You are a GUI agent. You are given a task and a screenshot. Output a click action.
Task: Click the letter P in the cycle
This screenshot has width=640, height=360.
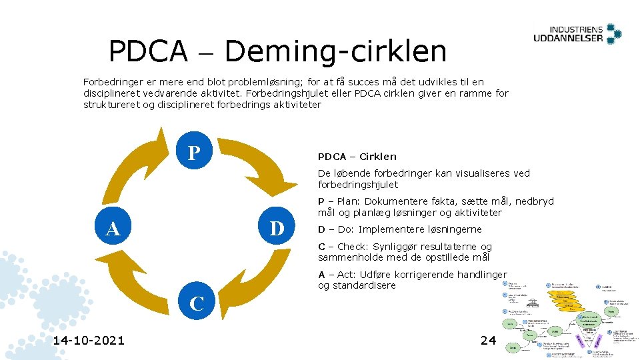tap(194, 153)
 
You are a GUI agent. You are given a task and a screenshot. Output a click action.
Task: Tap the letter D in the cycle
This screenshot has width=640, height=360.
tap(277, 229)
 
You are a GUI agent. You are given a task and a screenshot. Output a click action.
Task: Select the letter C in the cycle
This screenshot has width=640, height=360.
tap(197, 304)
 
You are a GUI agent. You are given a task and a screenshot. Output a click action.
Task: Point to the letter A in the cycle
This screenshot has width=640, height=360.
tap(113, 229)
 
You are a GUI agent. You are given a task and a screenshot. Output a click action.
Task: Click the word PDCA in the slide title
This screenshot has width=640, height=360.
tap(148, 51)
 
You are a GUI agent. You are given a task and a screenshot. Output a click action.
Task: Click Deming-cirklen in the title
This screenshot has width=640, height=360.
tap(336, 51)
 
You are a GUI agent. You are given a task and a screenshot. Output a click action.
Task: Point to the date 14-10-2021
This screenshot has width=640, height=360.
tap(89, 341)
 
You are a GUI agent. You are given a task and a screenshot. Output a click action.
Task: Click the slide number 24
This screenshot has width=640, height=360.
tap(488, 341)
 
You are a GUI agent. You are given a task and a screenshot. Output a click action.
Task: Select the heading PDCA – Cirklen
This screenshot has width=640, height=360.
tap(357, 157)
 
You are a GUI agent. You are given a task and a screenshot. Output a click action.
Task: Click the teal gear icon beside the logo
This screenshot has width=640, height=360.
tap(613, 33)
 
